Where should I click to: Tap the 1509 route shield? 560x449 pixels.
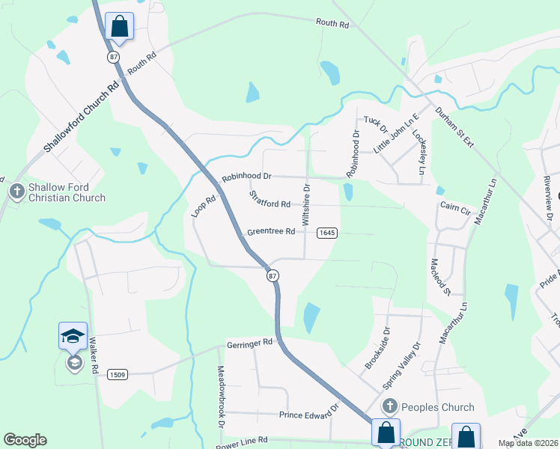[x=116, y=374]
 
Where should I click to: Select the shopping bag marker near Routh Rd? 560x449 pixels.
[x=120, y=27]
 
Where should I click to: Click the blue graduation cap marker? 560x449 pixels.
[x=73, y=335]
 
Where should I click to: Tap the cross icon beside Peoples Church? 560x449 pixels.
[x=389, y=407]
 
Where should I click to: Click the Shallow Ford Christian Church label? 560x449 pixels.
[x=67, y=192]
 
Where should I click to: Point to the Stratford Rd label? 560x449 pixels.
[x=270, y=200]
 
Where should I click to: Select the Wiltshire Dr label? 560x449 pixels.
[x=306, y=203]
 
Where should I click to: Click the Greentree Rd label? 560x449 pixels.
[x=270, y=232]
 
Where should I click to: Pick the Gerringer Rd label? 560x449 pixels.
[x=250, y=343]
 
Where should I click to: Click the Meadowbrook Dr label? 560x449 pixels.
[x=222, y=397]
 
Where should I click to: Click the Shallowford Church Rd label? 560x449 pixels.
[x=81, y=118]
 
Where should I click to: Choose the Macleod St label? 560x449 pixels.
[x=439, y=276]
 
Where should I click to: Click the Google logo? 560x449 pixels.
[x=25, y=440]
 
